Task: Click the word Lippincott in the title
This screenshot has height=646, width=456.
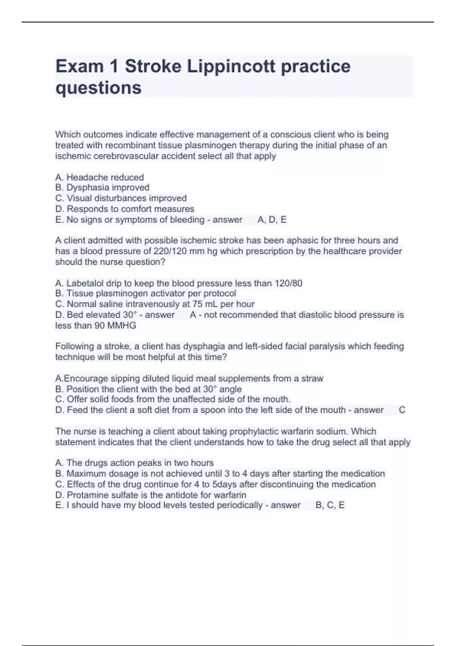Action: [231, 66]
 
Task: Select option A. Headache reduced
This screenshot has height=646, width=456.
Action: [100, 177]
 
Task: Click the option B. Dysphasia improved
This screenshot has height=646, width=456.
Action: [102, 187]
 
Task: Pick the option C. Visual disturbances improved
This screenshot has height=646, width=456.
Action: [121, 198]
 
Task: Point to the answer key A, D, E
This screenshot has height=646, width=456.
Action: [272, 220]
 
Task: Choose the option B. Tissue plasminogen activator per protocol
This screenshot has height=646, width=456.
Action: [146, 293]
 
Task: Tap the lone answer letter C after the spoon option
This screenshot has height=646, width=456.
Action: [402, 410]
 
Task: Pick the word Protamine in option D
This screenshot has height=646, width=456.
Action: [85, 495]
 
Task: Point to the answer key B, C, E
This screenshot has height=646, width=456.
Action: [330, 505]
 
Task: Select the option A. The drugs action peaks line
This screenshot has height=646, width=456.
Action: [135, 463]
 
